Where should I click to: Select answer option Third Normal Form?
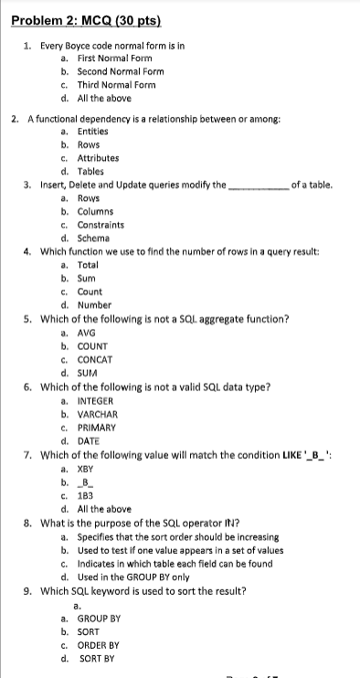[x=114, y=84]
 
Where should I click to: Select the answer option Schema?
[x=94, y=238]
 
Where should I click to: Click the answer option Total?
[x=89, y=264]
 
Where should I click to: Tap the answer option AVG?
[x=88, y=334]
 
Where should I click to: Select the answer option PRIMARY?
[x=97, y=427]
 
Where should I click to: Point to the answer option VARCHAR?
[x=98, y=413]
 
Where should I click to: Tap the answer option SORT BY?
[x=97, y=657]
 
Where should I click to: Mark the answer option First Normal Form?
[x=112, y=58]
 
